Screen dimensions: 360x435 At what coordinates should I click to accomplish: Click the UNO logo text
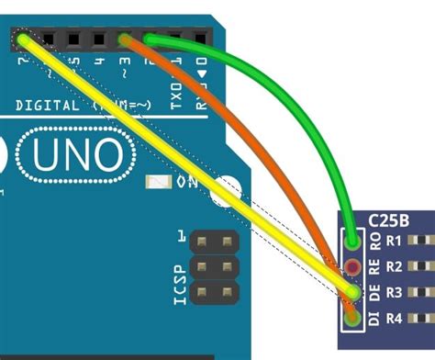click(77, 156)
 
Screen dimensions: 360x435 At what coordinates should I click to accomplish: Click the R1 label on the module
click(395, 242)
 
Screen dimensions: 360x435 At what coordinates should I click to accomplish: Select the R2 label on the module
click(395, 268)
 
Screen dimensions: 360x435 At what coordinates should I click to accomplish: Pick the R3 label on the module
click(395, 294)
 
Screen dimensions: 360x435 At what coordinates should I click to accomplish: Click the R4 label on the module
click(395, 320)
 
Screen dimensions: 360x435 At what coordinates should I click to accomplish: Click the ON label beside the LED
click(187, 183)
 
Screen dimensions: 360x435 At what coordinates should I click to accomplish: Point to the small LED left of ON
click(161, 183)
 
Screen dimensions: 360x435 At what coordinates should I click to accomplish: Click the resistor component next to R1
click(423, 242)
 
